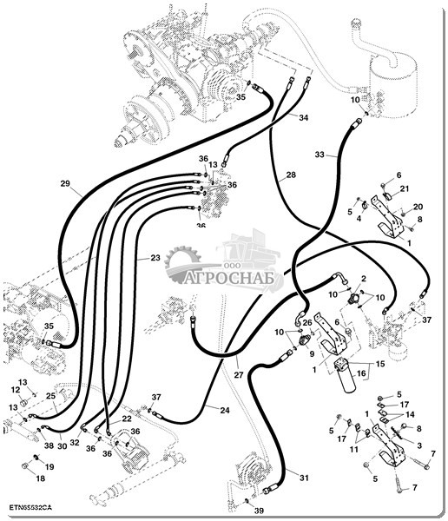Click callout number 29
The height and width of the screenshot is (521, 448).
[65, 183]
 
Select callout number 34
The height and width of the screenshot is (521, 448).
[303, 117]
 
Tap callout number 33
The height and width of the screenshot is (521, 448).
[320, 155]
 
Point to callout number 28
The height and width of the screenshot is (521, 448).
[291, 175]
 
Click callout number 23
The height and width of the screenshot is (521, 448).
[155, 258]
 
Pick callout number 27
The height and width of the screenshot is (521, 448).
[239, 375]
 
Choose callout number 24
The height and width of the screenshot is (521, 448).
[225, 411]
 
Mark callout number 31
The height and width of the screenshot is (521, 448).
[304, 478]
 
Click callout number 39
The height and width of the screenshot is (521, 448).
[260, 511]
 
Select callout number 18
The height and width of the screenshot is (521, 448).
[40, 478]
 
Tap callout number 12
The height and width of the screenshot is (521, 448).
[16, 390]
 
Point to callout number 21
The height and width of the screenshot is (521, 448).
[404, 188]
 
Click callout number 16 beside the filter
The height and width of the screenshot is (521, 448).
[361, 373]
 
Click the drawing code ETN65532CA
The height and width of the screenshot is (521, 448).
[30, 507]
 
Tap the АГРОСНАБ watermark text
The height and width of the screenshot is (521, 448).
[230, 278]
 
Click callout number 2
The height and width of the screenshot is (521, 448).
[364, 279]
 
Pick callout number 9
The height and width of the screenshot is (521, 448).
[312, 354]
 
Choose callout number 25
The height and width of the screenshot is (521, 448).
[50, 396]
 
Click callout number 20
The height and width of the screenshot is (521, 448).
[418, 207]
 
